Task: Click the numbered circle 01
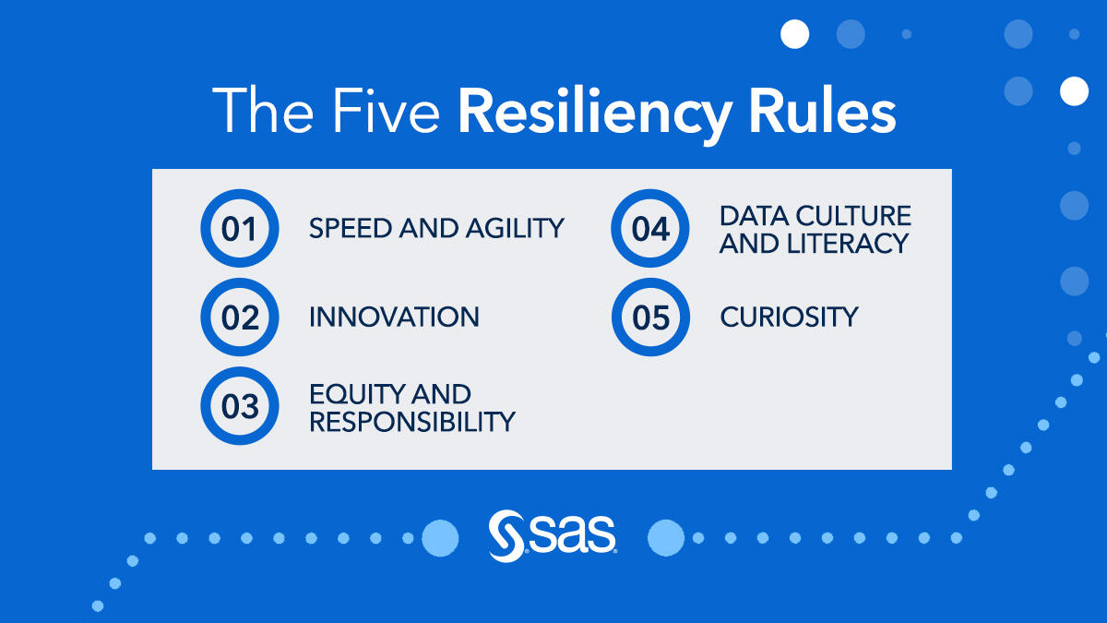click(x=240, y=229)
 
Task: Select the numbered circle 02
click(x=240, y=317)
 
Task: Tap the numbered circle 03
click(x=240, y=406)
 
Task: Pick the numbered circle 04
click(x=650, y=229)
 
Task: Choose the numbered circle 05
click(x=650, y=317)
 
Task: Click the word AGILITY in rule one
click(x=515, y=229)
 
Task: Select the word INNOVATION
click(x=395, y=317)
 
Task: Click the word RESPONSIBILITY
click(x=412, y=422)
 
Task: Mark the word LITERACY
click(x=848, y=244)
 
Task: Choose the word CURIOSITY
click(x=790, y=317)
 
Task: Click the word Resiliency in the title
click(x=595, y=113)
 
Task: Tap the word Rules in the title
click(x=823, y=111)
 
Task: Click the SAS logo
click(x=553, y=536)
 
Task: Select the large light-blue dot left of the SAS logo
click(x=440, y=538)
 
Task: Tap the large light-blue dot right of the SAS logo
click(x=666, y=538)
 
